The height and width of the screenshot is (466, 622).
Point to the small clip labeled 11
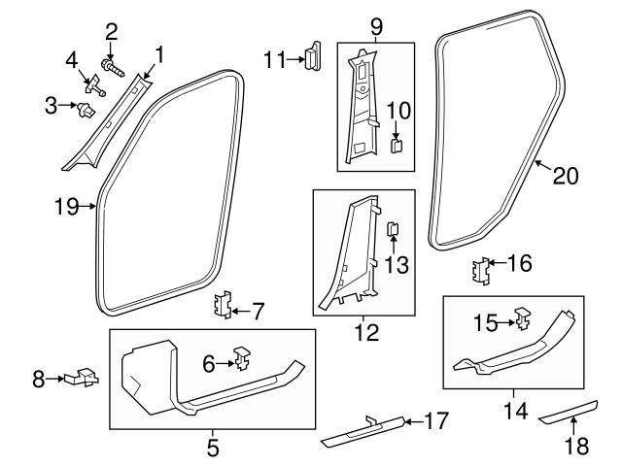pos(314,57)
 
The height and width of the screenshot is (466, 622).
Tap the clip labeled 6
pos(238,360)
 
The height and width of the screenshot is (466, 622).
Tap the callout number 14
pos(515,411)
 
